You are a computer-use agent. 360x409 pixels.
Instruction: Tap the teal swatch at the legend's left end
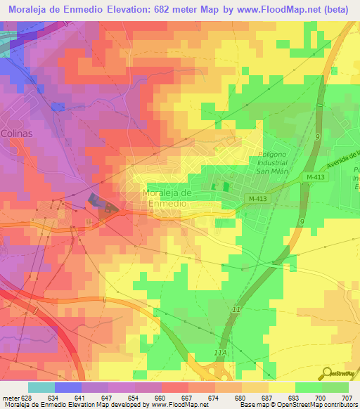click(41, 387)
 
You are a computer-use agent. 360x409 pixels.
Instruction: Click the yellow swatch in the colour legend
click(281, 387)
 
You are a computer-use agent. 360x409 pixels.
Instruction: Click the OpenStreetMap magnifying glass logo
click(328, 373)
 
